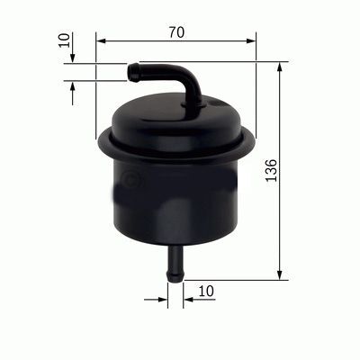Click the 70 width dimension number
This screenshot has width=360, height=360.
(x=175, y=32)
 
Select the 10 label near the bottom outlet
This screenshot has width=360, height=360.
(x=207, y=291)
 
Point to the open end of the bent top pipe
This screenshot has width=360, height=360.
(x=131, y=70)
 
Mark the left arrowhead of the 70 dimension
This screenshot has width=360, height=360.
(x=100, y=41)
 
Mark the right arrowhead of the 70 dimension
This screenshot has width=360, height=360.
(x=251, y=41)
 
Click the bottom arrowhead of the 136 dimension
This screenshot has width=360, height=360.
(x=281, y=274)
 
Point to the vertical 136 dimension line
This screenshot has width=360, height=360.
(x=281, y=216)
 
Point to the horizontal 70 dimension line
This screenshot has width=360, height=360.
(x=135, y=41)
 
